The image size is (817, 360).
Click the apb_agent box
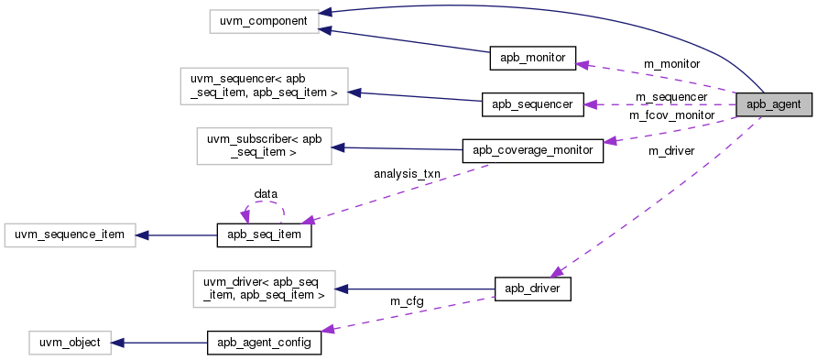(x=774, y=104)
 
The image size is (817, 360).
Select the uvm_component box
(x=264, y=18)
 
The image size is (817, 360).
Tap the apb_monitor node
(x=533, y=58)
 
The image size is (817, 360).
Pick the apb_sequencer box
(x=532, y=104)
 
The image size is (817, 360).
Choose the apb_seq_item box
(x=264, y=235)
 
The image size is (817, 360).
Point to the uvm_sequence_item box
(x=71, y=235)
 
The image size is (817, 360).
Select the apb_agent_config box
(x=264, y=343)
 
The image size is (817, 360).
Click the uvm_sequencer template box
(x=264, y=85)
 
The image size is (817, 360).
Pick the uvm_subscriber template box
(x=264, y=146)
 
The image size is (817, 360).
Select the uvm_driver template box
(x=264, y=288)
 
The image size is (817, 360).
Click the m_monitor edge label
(x=672, y=64)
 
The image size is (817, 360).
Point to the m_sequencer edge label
(x=672, y=96)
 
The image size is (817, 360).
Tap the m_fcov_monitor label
(x=672, y=115)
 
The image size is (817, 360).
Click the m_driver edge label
(x=671, y=149)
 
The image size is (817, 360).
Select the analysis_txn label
(x=407, y=173)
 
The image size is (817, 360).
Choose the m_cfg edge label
(x=407, y=301)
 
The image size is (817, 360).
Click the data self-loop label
(x=266, y=193)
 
